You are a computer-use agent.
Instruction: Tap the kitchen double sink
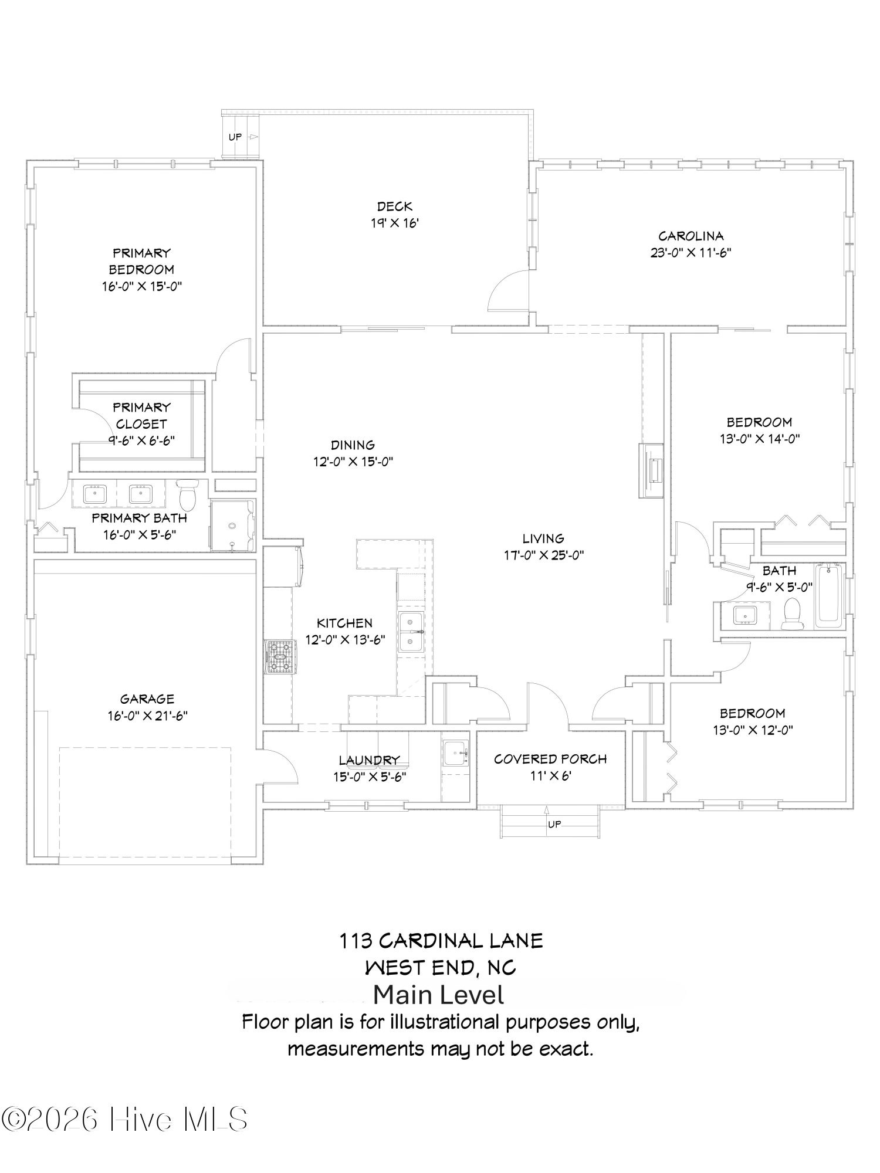(412, 632)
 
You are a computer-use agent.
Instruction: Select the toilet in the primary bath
(188, 496)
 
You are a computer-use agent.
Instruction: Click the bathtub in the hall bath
(828, 595)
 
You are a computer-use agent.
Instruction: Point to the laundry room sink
(455, 753)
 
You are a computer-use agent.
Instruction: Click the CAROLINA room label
(691, 236)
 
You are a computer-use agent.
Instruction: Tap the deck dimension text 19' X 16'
(394, 223)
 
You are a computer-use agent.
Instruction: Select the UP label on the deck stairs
(235, 137)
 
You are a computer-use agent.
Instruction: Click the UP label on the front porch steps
(554, 824)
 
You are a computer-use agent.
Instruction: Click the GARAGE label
(147, 699)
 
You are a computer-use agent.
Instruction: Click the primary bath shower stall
(233, 526)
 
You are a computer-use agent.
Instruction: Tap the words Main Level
(438, 995)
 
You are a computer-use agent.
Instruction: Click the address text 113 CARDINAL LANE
(441, 941)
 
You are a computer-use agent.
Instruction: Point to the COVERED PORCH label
(550, 759)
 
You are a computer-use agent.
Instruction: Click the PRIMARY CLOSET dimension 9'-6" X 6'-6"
(141, 440)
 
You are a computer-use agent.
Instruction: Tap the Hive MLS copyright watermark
(124, 1119)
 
